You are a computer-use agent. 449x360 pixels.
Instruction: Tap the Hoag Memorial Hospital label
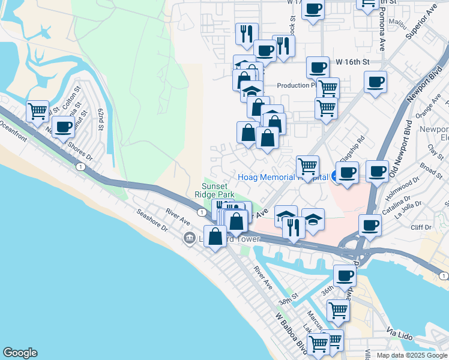click(x=282, y=177)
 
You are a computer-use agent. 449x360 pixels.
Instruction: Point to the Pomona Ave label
click(x=382, y=37)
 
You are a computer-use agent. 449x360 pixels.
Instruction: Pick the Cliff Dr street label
click(x=420, y=227)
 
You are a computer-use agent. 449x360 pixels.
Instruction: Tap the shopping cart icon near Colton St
click(x=37, y=110)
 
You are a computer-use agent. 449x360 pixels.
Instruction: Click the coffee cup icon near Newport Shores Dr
click(x=62, y=126)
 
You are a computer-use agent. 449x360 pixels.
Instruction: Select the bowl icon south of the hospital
click(x=313, y=220)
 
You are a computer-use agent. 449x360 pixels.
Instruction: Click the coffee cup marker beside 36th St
click(x=345, y=275)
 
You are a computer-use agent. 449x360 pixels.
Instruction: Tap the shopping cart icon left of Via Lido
click(x=338, y=310)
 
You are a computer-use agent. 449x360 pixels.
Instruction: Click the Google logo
click(x=20, y=353)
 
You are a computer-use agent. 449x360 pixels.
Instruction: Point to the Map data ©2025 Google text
click(x=412, y=355)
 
